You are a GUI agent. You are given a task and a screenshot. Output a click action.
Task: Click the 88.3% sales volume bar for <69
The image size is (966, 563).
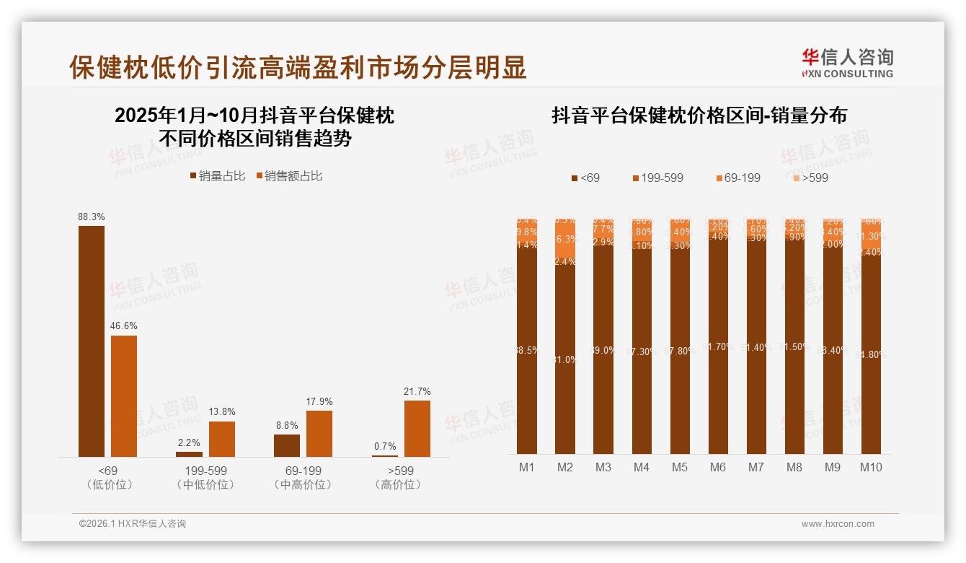pos(92,341)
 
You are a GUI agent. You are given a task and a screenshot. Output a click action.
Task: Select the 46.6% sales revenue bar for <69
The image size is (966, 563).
pos(124,396)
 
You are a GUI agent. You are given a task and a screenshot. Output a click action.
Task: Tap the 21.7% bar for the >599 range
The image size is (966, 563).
pos(417,428)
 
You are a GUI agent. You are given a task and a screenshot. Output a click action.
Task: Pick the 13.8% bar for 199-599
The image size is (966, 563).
pos(222,439)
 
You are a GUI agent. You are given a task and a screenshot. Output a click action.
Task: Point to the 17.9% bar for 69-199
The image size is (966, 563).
pos(319,433)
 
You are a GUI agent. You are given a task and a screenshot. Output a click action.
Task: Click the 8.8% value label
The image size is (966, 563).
pos(287,426)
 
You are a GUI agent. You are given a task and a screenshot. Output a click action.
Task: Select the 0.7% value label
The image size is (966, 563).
pos(385,447)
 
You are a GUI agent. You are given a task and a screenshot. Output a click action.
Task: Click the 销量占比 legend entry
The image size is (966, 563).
pos(217,176)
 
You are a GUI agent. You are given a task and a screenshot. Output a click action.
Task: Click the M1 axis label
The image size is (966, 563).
pos(527,468)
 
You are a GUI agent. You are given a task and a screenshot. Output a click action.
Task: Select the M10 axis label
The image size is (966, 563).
pos(871,468)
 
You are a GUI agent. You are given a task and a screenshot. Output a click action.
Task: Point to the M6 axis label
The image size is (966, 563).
pos(718,468)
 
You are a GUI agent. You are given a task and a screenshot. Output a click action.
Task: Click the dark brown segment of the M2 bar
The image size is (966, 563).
pos(565,361)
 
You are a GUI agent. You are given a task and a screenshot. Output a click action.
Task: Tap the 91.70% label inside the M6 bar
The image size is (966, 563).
pos(718,346)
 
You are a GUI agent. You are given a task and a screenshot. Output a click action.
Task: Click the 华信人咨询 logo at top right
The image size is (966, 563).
pos(848,63)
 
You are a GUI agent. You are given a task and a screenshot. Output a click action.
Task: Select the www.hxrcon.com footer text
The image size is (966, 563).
pos(838,524)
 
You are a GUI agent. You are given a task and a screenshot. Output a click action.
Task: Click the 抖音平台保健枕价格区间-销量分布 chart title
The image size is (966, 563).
pos(699,115)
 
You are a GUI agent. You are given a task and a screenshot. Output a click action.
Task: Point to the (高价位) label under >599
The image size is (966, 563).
pos(397,485)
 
